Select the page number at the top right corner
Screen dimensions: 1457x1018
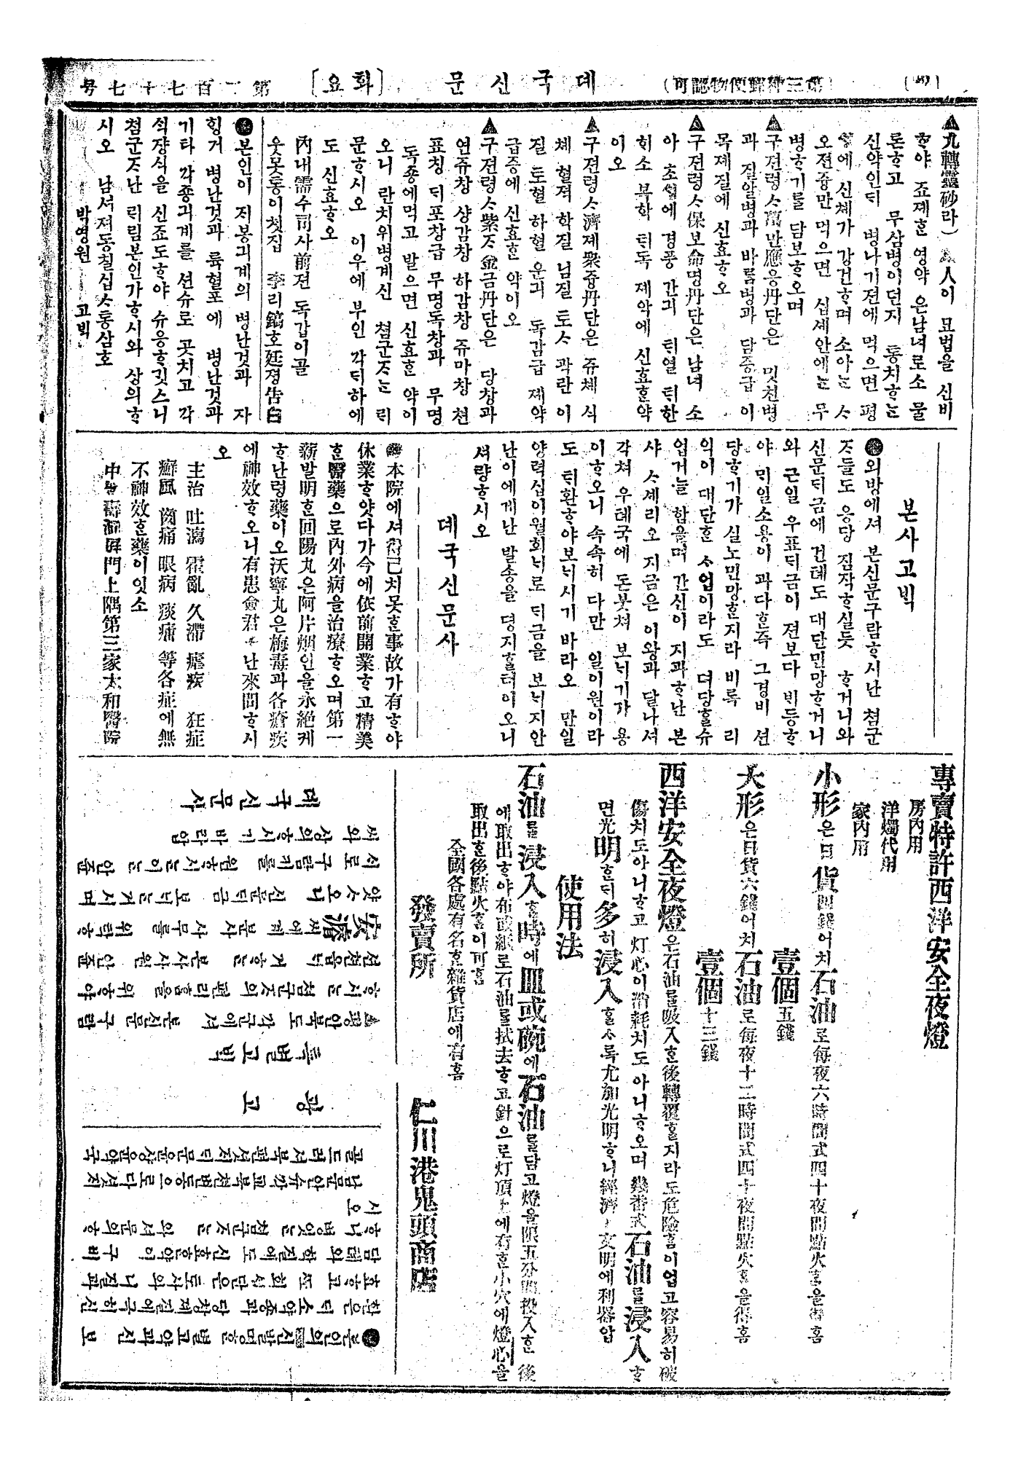coord(920,82)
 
